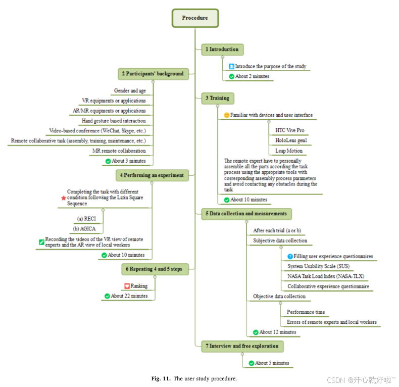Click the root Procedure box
point(195,18)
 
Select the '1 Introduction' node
point(222,49)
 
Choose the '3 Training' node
point(217,98)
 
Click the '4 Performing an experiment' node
point(152,175)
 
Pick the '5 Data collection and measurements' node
point(246,214)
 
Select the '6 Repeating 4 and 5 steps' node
point(155,269)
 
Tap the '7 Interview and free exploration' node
point(242,346)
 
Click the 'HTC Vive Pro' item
point(289,130)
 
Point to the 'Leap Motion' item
point(289,151)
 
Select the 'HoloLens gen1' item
point(291,140)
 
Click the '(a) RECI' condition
point(87,219)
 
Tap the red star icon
point(63,198)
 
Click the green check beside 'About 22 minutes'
point(107,296)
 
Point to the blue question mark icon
point(290,256)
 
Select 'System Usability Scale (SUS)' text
point(318,266)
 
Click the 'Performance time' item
point(306,312)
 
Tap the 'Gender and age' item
point(130,90)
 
